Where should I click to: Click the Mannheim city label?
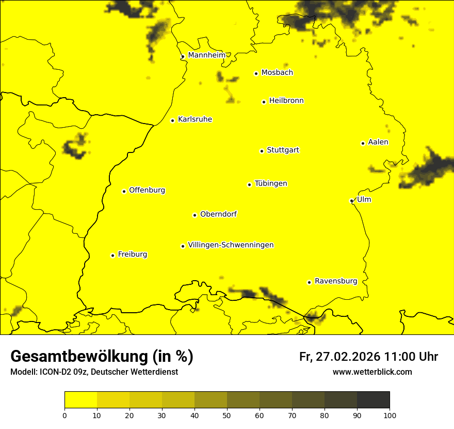point(206,55)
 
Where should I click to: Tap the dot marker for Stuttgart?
point(262,151)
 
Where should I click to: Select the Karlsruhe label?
point(194,119)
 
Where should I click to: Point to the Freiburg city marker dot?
point(112,255)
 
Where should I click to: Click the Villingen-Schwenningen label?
point(231,245)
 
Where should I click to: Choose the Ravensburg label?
point(335,281)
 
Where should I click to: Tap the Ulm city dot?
point(351,201)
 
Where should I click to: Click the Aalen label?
point(378,142)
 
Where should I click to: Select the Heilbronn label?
point(286,101)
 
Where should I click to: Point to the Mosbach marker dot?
point(256,73)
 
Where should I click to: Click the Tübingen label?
point(271,183)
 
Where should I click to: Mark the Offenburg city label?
point(147,190)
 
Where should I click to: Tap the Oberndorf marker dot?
point(194,215)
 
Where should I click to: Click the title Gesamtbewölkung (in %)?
point(102,356)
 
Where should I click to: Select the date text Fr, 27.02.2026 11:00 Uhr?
point(368,357)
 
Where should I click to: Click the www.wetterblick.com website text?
point(372,372)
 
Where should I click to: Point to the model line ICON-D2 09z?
point(94,372)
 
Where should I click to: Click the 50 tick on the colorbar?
point(227,415)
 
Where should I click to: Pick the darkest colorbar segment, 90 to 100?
point(373,400)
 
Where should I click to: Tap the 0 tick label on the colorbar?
point(64,415)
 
